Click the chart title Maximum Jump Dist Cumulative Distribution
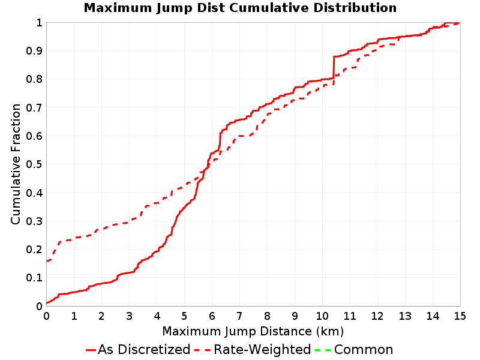(x=240, y=8)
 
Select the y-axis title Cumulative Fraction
(x=16, y=164)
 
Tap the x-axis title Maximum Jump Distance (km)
(x=253, y=331)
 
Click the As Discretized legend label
(x=144, y=349)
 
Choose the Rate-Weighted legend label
(x=262, y=349)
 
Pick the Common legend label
(x=364, y=349)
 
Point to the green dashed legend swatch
(x=323, y=350)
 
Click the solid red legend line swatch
(x=91, y=350)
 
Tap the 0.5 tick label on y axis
(x=34, y=164)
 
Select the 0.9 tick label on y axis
(x=34, y=51)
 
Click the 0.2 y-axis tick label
(x=34, y=250)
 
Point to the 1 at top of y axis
(x=39, y=22)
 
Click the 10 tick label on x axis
(x=322, y=316)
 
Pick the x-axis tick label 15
(x=460, y=316)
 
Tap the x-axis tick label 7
(x=239, y=316)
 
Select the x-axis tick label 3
(x=129, y=316)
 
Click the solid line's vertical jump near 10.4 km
(x=334, y=67)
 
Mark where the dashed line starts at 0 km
(x=47, y=261)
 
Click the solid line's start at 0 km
(x=47, y=303)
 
